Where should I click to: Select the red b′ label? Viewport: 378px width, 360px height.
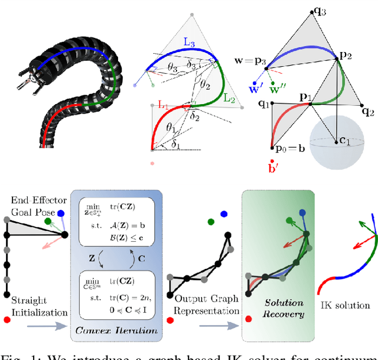[273, 166]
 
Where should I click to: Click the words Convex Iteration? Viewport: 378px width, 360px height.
[116, 330]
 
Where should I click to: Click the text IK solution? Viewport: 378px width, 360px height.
[344, 305]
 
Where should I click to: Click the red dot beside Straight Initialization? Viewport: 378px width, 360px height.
[6, 320]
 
